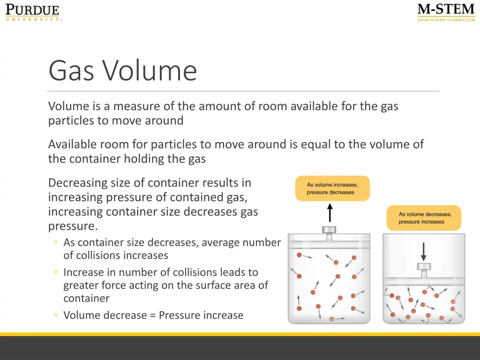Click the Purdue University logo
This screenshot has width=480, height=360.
33,12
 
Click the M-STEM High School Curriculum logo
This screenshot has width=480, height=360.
446,13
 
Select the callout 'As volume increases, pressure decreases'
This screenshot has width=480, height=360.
332,188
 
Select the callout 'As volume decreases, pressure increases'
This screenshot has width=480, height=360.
424,218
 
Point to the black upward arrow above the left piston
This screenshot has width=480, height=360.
330,212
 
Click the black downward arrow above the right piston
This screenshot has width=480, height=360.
424,251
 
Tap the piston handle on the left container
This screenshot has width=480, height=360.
329,230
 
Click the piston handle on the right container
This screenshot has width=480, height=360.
424,267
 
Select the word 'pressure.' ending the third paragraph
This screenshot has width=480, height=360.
73,226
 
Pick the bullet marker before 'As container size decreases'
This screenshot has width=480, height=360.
56,243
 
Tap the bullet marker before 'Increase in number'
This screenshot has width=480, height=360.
56,272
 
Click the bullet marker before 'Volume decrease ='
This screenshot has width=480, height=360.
56,315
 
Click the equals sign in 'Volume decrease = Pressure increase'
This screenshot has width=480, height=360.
153,315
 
